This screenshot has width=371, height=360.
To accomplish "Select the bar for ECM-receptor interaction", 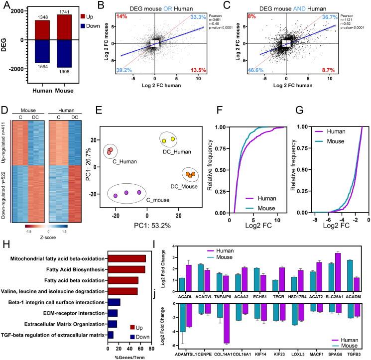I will tap(113, 313).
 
